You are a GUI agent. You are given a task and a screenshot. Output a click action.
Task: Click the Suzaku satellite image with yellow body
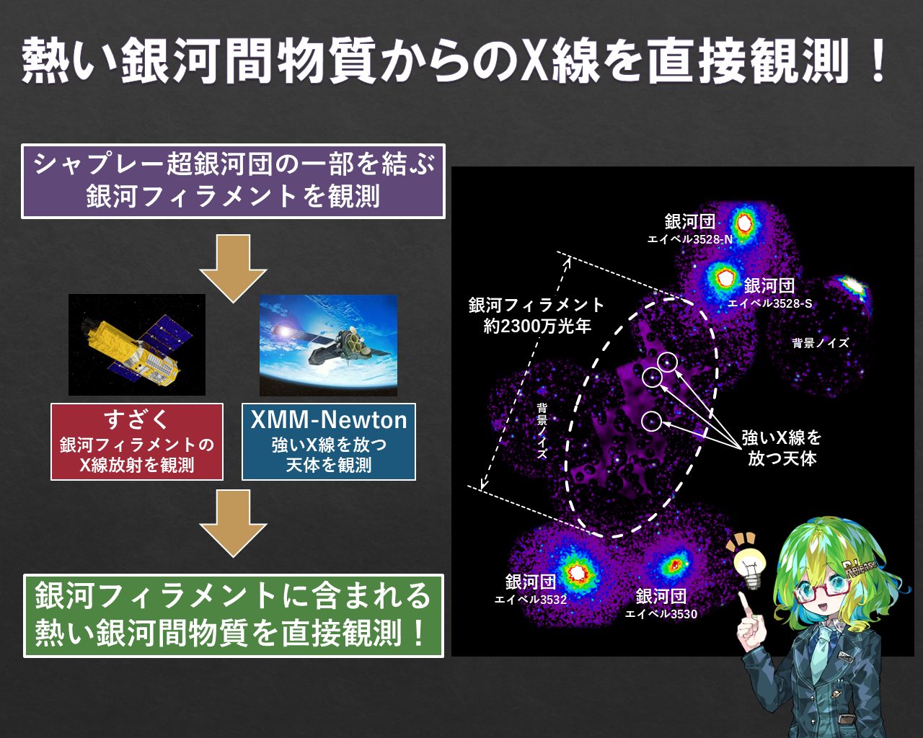coord(137,344)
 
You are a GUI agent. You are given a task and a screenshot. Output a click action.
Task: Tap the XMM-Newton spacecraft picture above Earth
coord(328,344)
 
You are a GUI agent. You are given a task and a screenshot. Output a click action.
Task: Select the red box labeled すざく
coord(137,442)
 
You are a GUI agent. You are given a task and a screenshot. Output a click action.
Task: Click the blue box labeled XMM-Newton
coord(329,442)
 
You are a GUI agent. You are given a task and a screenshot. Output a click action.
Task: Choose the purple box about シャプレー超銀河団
coord(233,181)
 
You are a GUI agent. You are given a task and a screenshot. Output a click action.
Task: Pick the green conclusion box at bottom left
coord(233,615)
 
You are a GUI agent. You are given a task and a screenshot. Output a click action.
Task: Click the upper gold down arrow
coord(233,267)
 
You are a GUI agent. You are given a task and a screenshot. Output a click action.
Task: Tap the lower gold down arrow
coord(233,523)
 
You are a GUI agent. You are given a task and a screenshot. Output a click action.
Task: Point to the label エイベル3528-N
coord(689,239)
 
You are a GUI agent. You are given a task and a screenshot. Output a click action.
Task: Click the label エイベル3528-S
coord(769,303)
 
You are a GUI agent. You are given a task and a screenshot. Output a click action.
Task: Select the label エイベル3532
coord(530,600)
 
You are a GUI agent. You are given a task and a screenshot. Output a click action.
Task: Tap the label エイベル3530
coord(661,614)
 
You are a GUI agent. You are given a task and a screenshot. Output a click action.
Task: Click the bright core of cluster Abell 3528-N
coord(743,223)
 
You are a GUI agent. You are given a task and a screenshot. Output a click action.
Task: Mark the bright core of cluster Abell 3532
coord(577,572)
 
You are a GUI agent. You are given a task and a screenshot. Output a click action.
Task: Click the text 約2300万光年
coord(537,326)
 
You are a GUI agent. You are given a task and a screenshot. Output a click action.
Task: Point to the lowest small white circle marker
coord(651,420)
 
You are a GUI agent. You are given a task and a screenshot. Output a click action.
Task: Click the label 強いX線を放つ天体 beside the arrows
coord(782,448)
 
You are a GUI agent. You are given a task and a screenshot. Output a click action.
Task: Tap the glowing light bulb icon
coord(749,561)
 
